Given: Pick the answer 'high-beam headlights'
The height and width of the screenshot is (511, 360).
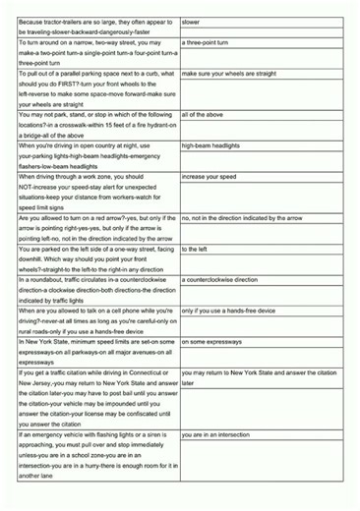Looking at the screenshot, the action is pos(210,145).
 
